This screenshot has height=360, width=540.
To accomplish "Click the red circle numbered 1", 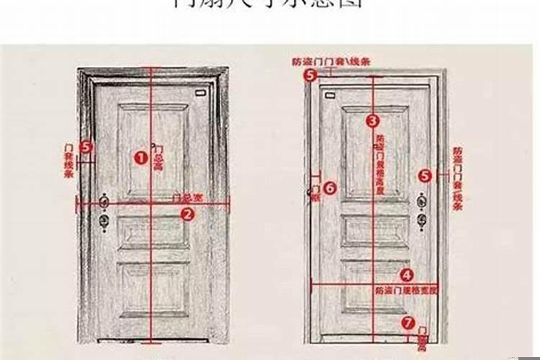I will [x=140, y=156].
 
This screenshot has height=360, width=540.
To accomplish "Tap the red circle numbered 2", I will [x=186, y=213].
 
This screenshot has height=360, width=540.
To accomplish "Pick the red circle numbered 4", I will [x=406, y=274].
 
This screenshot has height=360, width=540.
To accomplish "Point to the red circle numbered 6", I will [x=329, y=188].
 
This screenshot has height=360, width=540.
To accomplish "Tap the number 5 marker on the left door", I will [x=86, y=147].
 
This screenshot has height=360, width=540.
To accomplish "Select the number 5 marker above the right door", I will [x=310, y=74].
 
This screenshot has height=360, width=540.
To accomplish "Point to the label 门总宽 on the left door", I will [x=186, y=197].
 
